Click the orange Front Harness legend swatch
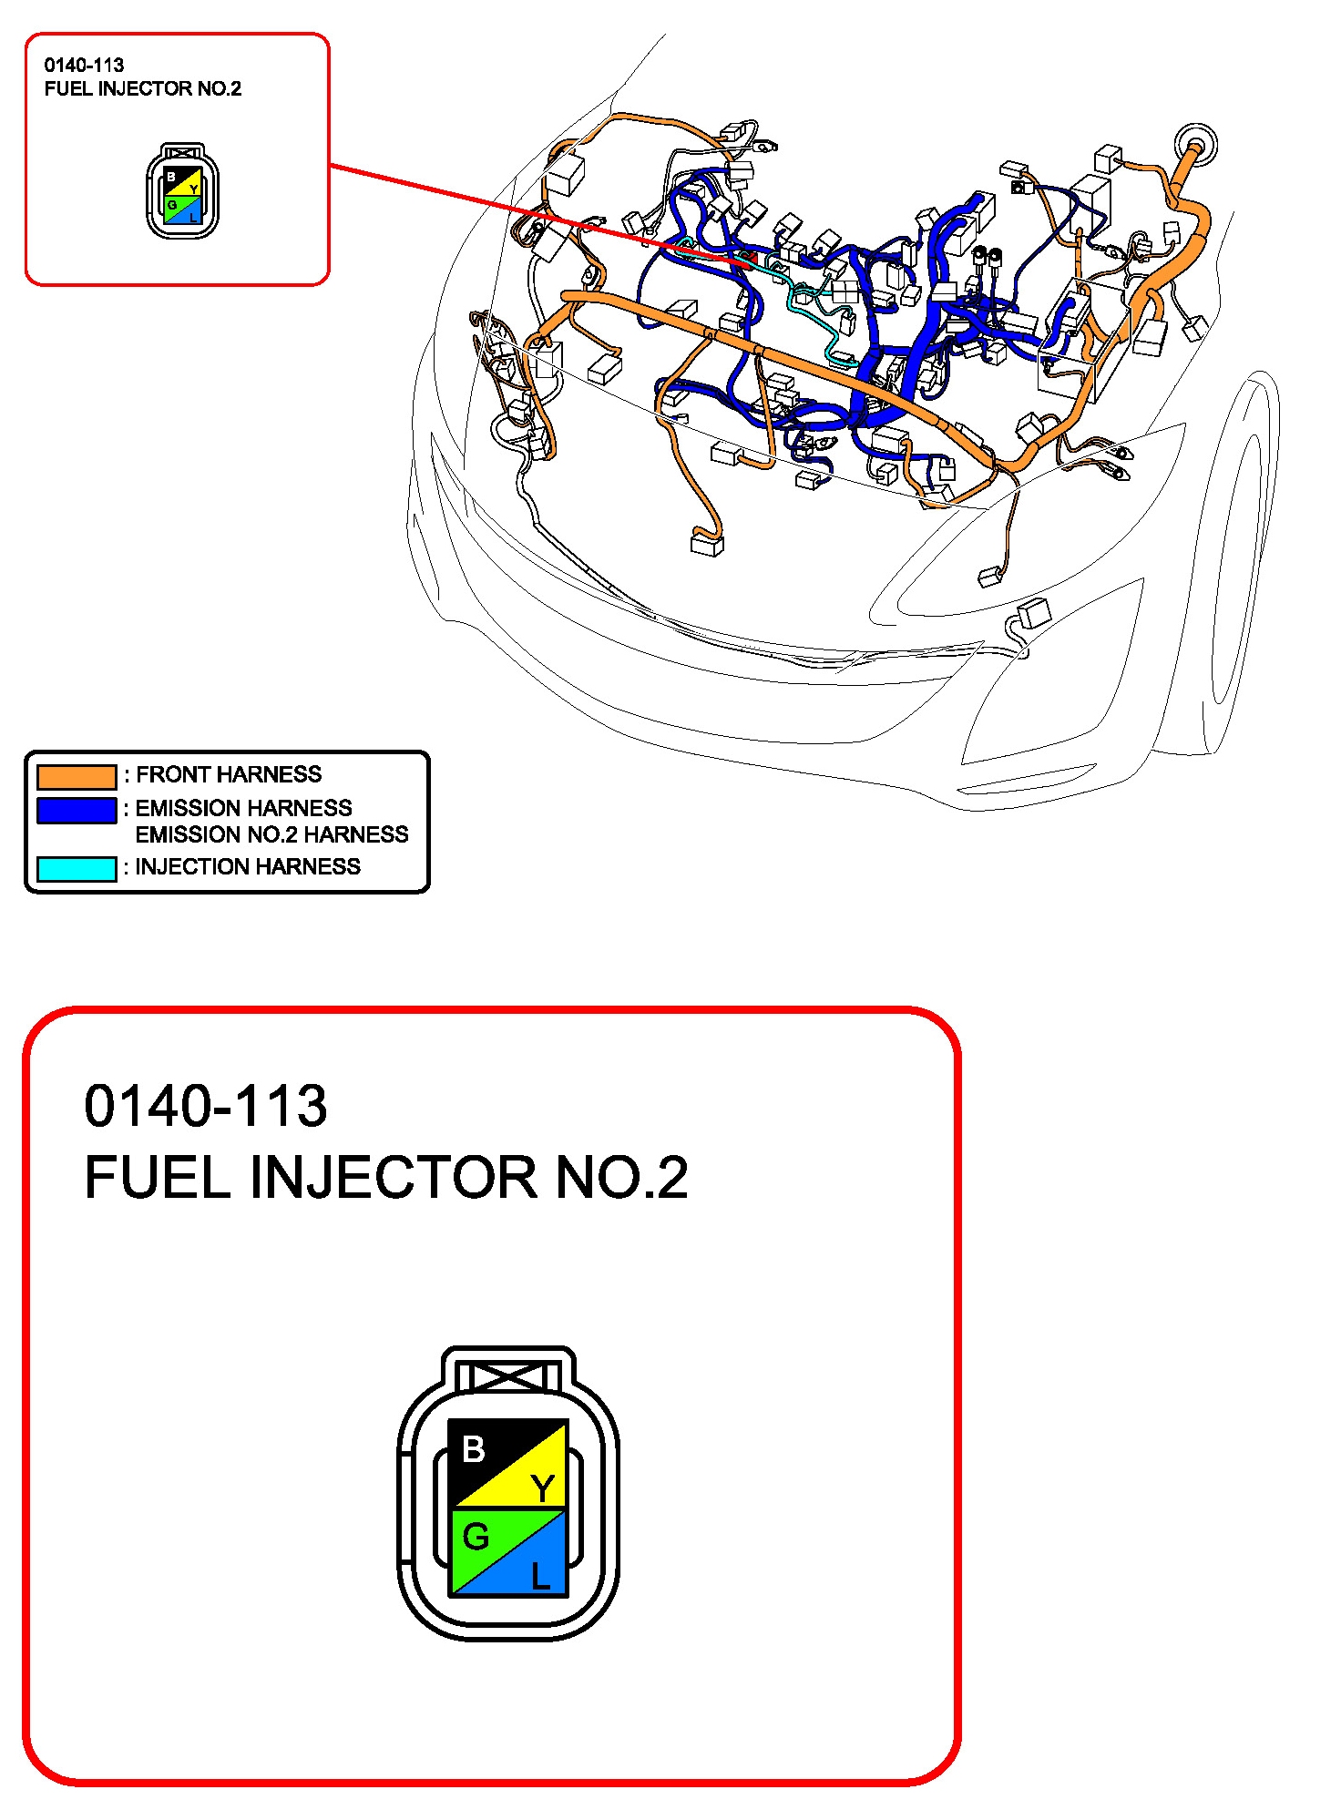tap(77, 776)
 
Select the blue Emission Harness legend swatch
tap(77, 810)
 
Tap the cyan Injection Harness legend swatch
tap(77, 868)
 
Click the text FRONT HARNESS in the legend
tap(229, 774)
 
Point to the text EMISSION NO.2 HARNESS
tap(271, 834)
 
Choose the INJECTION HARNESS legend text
tap(248, 866)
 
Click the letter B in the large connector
tap(474, 1449)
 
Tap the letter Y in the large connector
tap(543, 1489)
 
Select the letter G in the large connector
tap(476, 1538)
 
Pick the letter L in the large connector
tap(541, 1576)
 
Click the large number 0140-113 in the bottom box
tap(206, 1106)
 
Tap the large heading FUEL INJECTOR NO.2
tap(386, 1177)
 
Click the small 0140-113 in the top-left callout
tap(84, 66)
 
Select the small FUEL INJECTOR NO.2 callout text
tap(143, 88)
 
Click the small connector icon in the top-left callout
tap(182, 191)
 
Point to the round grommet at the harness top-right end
tap(1194, 145)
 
